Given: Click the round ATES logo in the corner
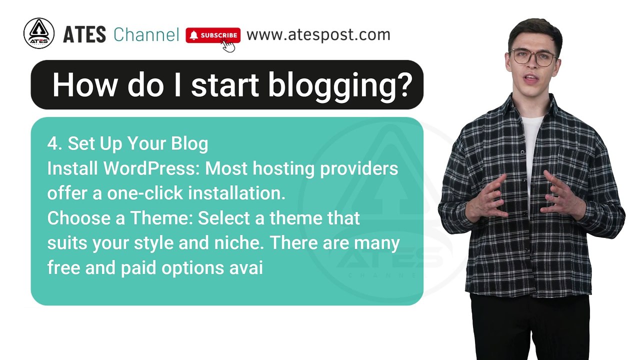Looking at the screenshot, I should click(x=38, y=33).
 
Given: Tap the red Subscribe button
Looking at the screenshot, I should click(x=213, y=35).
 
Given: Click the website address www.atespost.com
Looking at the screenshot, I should click(x=318, y=34).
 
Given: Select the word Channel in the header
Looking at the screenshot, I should click(x=146, y=35).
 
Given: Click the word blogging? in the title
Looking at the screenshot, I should click(x=340, y=85).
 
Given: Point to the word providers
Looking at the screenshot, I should click(x=358, y=168).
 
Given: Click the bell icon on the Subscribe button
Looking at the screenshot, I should click(x=194, y=35).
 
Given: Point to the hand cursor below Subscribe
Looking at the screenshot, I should click(x=228, y=45).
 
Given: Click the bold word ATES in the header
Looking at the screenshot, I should click(x=84, y=35).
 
